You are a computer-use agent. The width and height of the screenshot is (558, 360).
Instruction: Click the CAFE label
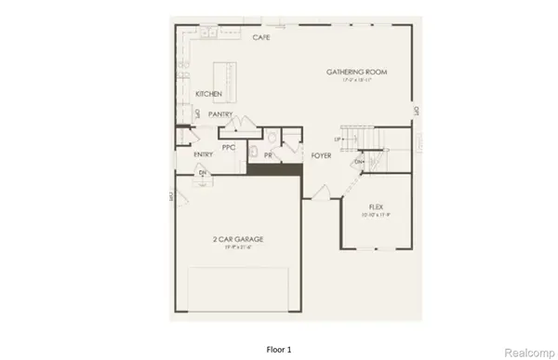[x=261, y=38]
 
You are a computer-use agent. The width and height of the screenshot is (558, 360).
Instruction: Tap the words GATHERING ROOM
[x=356, y=72]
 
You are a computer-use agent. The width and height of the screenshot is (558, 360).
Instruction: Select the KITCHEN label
[x=208, y=94]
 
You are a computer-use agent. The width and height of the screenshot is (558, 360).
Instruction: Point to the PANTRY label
[x=220, y=114]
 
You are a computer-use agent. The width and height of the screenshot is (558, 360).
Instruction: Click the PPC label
[x=229, y=148]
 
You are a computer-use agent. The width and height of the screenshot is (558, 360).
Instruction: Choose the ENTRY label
[x=204, y=154]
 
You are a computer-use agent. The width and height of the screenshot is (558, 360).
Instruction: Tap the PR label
[x=268, y=154]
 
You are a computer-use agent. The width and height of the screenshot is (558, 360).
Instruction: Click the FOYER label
[x=322, y=155]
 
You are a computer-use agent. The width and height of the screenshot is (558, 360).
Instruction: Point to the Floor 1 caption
[x=278, y=349]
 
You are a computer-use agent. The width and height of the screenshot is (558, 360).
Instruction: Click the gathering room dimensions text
[x=356, y=81]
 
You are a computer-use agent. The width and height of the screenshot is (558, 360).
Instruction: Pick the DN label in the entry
[x=201, y=172]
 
